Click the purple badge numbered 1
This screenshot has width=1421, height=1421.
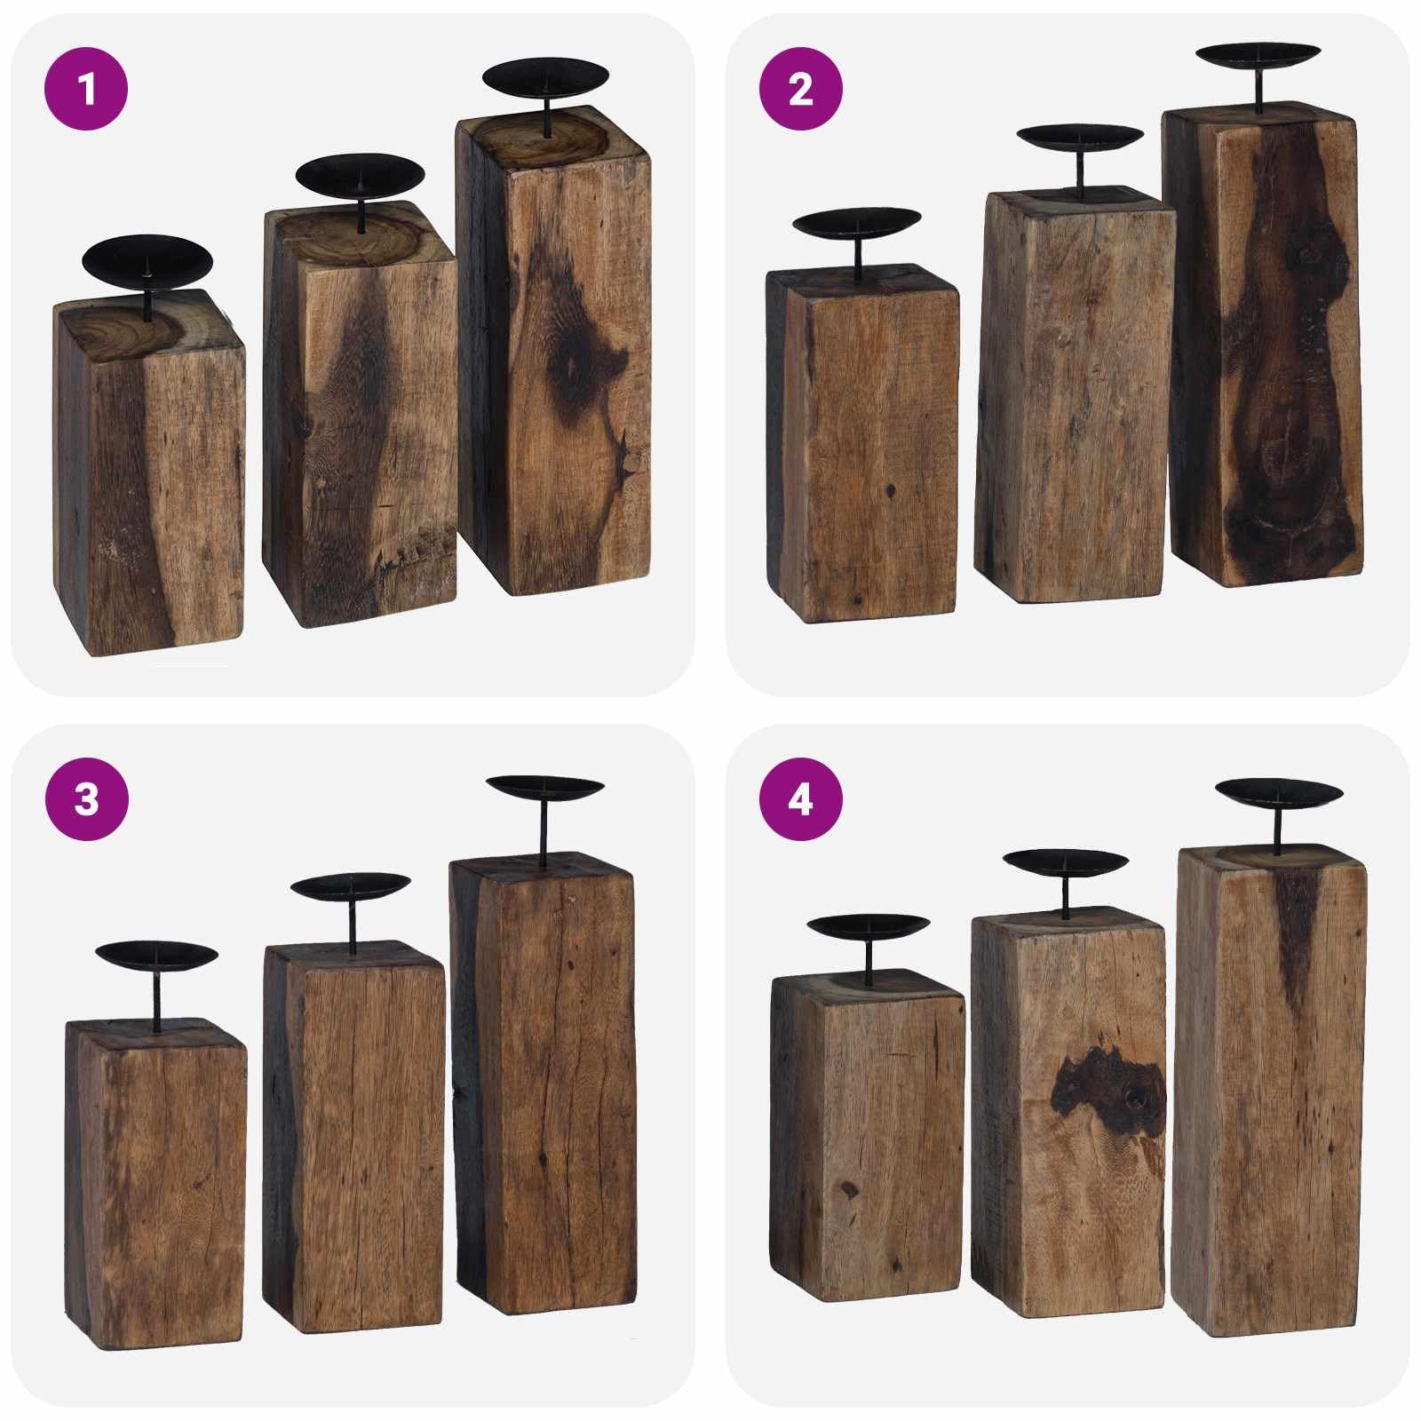(86, 89)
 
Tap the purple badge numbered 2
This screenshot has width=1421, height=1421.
(800, 89)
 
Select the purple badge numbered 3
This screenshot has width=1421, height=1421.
(86, 799)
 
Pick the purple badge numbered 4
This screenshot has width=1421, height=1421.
(800, 799)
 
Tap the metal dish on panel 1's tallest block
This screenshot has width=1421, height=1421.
(546, 79)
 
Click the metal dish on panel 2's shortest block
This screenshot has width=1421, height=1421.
(857, 223)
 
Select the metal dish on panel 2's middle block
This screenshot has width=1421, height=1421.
(1080, 139)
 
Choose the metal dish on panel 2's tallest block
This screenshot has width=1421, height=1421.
(1258, 54)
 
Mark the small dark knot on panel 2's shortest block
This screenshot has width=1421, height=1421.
(889, 489)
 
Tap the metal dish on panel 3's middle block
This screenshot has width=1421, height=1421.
(350, 886)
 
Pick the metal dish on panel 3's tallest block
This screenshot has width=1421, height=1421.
(546, 787)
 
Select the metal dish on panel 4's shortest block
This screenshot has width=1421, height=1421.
(869, 927)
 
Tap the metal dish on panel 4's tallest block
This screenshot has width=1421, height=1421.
(1279, 792)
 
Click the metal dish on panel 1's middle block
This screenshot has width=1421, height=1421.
(360, 178)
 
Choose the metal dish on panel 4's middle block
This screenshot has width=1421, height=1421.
(1066, 861)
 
